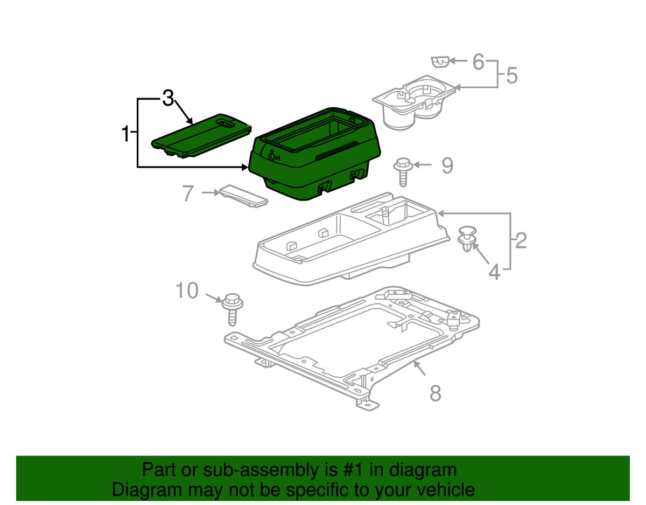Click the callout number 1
click(125, 133)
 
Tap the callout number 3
click(168, 98)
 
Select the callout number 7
click(187, 193)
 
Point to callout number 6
click(479, 62)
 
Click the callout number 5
click(511, 75)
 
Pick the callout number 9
click(447, 165)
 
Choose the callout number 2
click(521, 241)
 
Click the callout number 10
click(187, 292)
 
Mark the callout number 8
click(435, 393)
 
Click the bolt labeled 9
click(402, 171)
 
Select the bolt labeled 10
click(232, 308)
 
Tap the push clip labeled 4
click(467, 239)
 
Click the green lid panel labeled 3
click(202, 137)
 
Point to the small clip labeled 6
click(440, 62)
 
